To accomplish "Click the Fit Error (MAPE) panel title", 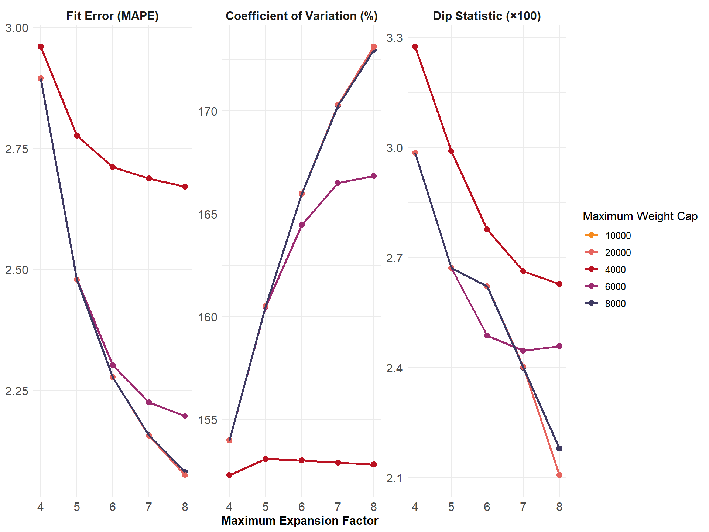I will pos(112,16).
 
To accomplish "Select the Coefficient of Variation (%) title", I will pos(301,16).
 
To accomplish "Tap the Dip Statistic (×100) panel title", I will pos(487,16).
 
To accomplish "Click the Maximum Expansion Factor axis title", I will pos(299,521).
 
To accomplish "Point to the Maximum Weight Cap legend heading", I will pos(640,216).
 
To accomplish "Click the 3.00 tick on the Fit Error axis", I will pos(17,28).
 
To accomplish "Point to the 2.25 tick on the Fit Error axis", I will pos(17,391).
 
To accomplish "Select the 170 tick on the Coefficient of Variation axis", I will pos(208,111).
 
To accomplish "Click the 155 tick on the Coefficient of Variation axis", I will pos(208,420).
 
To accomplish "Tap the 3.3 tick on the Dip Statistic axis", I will pos(394,38).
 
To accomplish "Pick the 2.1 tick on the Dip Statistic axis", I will pos(394,478).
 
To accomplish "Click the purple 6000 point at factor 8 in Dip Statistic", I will pos(559,346).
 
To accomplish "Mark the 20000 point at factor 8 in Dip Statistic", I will pos(559,475).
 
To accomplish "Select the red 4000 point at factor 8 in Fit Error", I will pos(185,187).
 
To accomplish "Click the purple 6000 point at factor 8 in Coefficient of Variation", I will pos(374,176).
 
